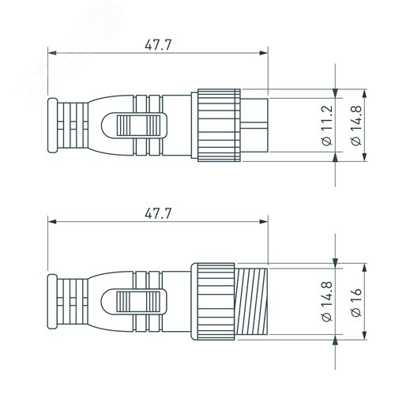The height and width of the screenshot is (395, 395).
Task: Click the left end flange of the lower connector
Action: (53, 299)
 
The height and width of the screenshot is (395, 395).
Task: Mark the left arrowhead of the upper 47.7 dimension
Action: (53, 54)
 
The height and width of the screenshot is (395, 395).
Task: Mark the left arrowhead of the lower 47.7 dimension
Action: (53, 221)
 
